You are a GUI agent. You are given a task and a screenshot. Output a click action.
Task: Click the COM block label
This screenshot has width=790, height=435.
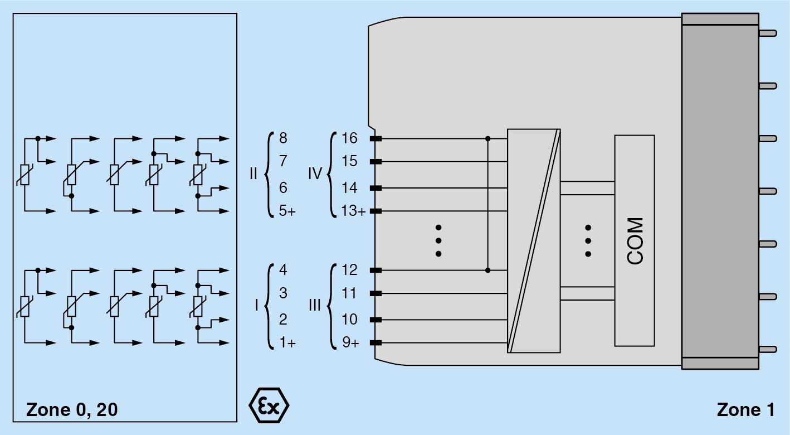coord(635,240)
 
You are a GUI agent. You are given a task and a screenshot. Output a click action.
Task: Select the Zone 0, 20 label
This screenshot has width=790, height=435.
coord(72,410)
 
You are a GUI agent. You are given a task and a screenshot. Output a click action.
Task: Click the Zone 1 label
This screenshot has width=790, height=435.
coord(745,410)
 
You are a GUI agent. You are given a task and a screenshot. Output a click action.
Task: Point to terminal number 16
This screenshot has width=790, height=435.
coord(349,138)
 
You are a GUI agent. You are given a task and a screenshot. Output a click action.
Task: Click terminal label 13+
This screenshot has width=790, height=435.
coord(353,211)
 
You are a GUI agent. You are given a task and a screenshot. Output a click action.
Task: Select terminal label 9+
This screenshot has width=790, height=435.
coord(350,343)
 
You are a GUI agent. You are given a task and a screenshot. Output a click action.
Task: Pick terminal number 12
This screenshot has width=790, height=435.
coord(349,270)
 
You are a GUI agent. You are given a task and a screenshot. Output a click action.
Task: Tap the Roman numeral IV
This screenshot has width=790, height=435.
coord(315,173)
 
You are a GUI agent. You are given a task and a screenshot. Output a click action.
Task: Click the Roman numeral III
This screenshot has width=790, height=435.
coord(315,305)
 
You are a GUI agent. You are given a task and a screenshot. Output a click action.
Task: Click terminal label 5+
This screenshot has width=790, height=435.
coord(287,211)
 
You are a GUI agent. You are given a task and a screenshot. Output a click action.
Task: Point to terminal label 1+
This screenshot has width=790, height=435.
coord(287,343)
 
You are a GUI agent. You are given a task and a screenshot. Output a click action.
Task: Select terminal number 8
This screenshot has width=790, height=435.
coord(283,138)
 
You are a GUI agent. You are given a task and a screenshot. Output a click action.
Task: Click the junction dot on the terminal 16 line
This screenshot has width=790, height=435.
coord(488,138)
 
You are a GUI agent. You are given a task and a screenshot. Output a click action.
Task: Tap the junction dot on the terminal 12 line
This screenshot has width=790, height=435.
coord(488,270)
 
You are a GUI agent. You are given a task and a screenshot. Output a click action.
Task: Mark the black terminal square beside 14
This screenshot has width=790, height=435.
coord(376,188)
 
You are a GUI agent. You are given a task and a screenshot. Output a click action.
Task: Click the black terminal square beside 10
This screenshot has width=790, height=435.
coord(376,320)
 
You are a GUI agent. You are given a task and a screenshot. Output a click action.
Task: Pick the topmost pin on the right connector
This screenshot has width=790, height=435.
coord(768,33)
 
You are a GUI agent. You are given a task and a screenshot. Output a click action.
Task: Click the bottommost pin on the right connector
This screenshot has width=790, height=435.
coord(768,349)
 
